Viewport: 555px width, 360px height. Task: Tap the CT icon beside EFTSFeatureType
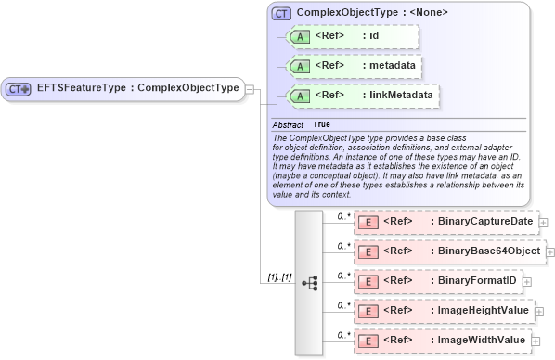(19, 89)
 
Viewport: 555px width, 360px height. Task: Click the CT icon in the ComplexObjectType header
(281, 13)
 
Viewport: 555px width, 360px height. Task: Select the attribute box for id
(353, 36)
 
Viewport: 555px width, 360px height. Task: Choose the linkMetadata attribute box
(362, 95)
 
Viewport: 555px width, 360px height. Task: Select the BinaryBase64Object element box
(449, 251)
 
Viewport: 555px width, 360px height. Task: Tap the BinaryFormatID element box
(436, 280)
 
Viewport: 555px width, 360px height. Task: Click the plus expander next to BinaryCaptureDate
(543, 223)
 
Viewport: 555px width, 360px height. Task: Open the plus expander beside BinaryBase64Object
(550, 251)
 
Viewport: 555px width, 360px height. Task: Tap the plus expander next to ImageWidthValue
(536, 341)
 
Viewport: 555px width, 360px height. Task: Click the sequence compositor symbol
(310, 280)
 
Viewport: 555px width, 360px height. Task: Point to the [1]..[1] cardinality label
(278, 277)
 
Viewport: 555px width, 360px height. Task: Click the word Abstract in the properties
(287, 124)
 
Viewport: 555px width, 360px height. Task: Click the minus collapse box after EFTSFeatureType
(251, 89)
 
